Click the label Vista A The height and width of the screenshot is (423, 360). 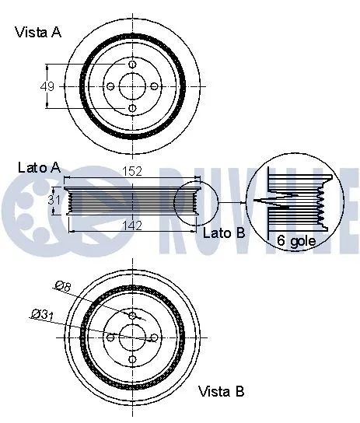pyautogui.click(x=38, y=32)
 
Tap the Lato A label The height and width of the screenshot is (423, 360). pyautogui.click(x=39, y=167)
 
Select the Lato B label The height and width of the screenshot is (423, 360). pyautogui.click(x=223, y=232)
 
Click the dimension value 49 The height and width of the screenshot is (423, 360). pyautogui.click(x=47, y=86)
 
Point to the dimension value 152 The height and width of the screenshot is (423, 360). pyautogui.click(x=131, y=173)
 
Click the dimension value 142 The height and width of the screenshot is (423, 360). pyautogui.click(x=131, y=225)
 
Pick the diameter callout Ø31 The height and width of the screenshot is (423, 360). pyautogui.click(x=42, y=314)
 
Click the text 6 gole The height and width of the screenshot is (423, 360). pyautogui.click(x=296, y=241)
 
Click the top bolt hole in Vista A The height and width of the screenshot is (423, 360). pyautogui.click(x=132, y=65)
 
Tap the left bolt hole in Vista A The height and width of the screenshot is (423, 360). pyautogui.click(x=110, y=86)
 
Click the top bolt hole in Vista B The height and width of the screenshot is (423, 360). pyautogui.click(x=132, y=315)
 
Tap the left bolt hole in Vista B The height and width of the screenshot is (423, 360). pyautogui.click(x=110, y=337)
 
